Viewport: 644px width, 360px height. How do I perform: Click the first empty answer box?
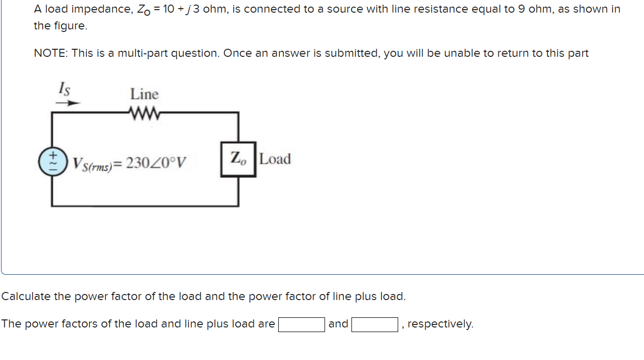301,324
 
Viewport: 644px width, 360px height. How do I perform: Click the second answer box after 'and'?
374,324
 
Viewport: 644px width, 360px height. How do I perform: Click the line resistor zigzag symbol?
145,112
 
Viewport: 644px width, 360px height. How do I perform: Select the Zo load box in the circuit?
238,159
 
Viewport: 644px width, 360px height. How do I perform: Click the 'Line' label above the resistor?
144,94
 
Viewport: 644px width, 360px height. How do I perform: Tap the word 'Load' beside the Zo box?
275,159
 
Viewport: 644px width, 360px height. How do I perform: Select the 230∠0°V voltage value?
156,163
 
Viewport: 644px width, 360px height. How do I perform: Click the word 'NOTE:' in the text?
51,53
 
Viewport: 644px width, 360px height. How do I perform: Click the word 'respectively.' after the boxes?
440,324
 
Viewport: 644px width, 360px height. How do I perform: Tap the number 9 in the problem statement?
522,9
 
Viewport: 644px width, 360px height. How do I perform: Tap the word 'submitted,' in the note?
352,53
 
